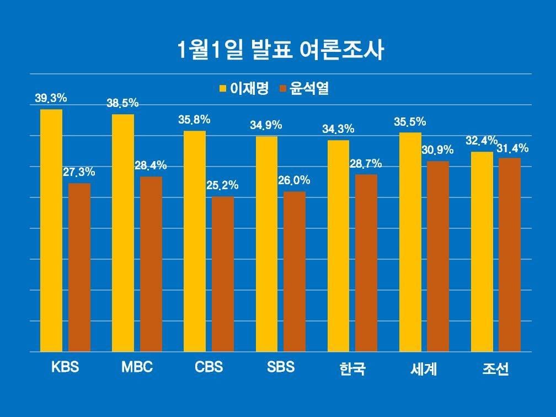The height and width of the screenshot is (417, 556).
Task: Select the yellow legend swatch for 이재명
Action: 223,88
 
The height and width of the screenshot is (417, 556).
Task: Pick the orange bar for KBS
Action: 79,267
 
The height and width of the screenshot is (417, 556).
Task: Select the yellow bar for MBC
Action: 123,232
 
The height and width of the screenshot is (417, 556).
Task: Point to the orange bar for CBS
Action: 223,274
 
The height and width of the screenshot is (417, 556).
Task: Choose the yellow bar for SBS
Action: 266,243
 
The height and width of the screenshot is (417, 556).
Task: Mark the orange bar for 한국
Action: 366,263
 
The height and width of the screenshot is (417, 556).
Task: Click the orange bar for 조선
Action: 510,254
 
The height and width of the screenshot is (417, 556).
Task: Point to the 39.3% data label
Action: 51,99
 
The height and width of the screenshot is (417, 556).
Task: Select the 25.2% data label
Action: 222,186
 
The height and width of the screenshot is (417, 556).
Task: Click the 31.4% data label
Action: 513,148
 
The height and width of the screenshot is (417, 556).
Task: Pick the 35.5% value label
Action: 410,122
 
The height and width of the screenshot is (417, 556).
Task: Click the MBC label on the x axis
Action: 137,367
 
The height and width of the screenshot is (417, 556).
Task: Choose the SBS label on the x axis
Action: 280,367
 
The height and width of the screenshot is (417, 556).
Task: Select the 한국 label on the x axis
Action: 352,369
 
